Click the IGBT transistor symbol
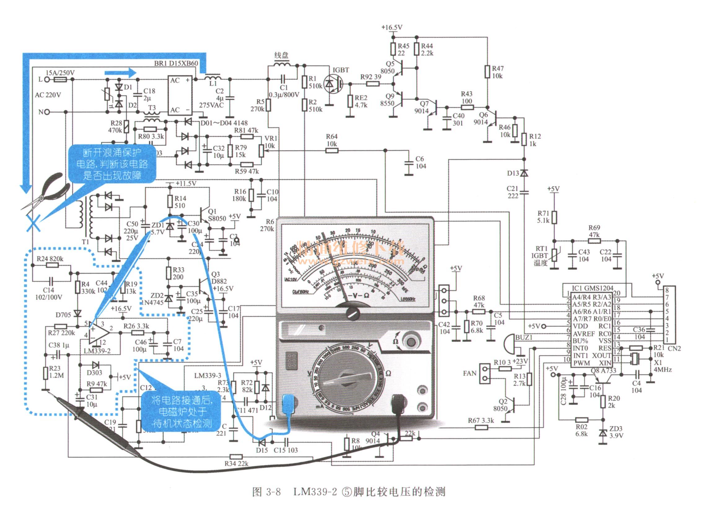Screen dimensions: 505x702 pyautogui.click(x=333, y=84)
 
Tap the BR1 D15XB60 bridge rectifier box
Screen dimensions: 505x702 pyautogui.click(x=180, y=96)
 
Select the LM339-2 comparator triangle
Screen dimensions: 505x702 pyautogui.click(x=99, y=333)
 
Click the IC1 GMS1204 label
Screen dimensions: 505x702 pyautogui.click(x=592, y=288)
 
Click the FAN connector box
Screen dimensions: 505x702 pyautogui.click(x=485, y=373)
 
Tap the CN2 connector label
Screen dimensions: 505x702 pyautogui.click(x=674, y=348)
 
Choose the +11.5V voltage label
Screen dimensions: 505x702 pyautogui.click(x=186, y=183)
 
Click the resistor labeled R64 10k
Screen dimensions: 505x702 pyautogui.click(x=331, y=151)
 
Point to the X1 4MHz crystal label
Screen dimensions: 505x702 pyautogui.click(x=662, y=366)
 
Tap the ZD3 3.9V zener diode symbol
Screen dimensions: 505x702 pyautogui.click(x=603, y=433)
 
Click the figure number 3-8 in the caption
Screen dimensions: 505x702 pyautogui.click(x=273, y=492)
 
